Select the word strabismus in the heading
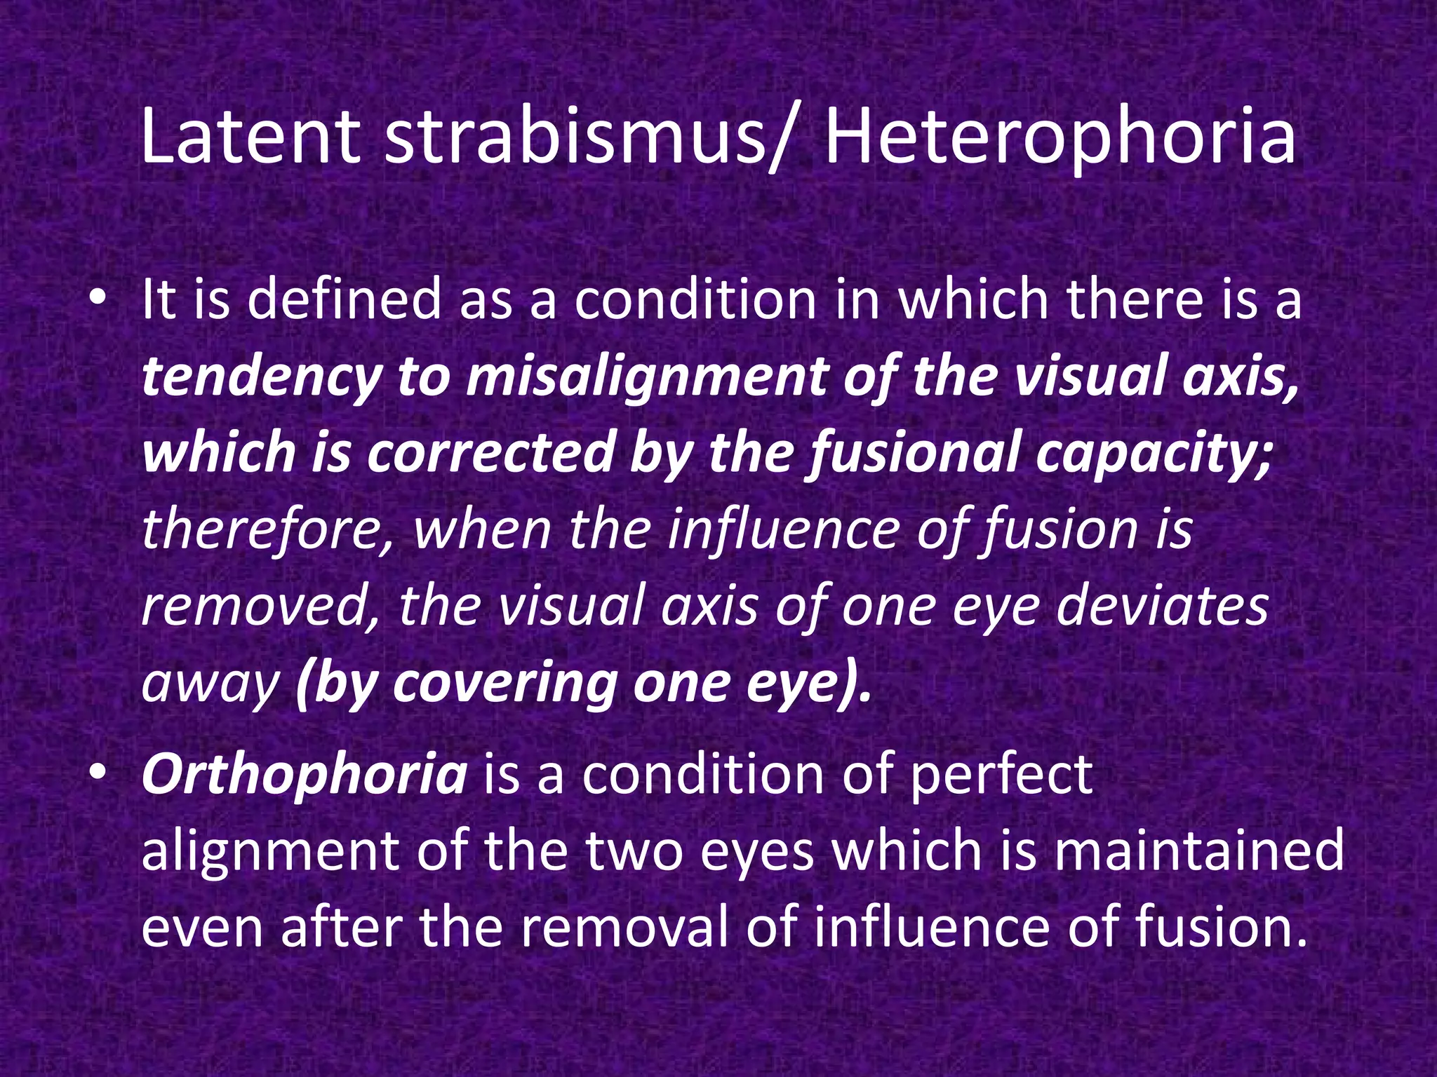575,137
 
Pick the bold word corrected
490,452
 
